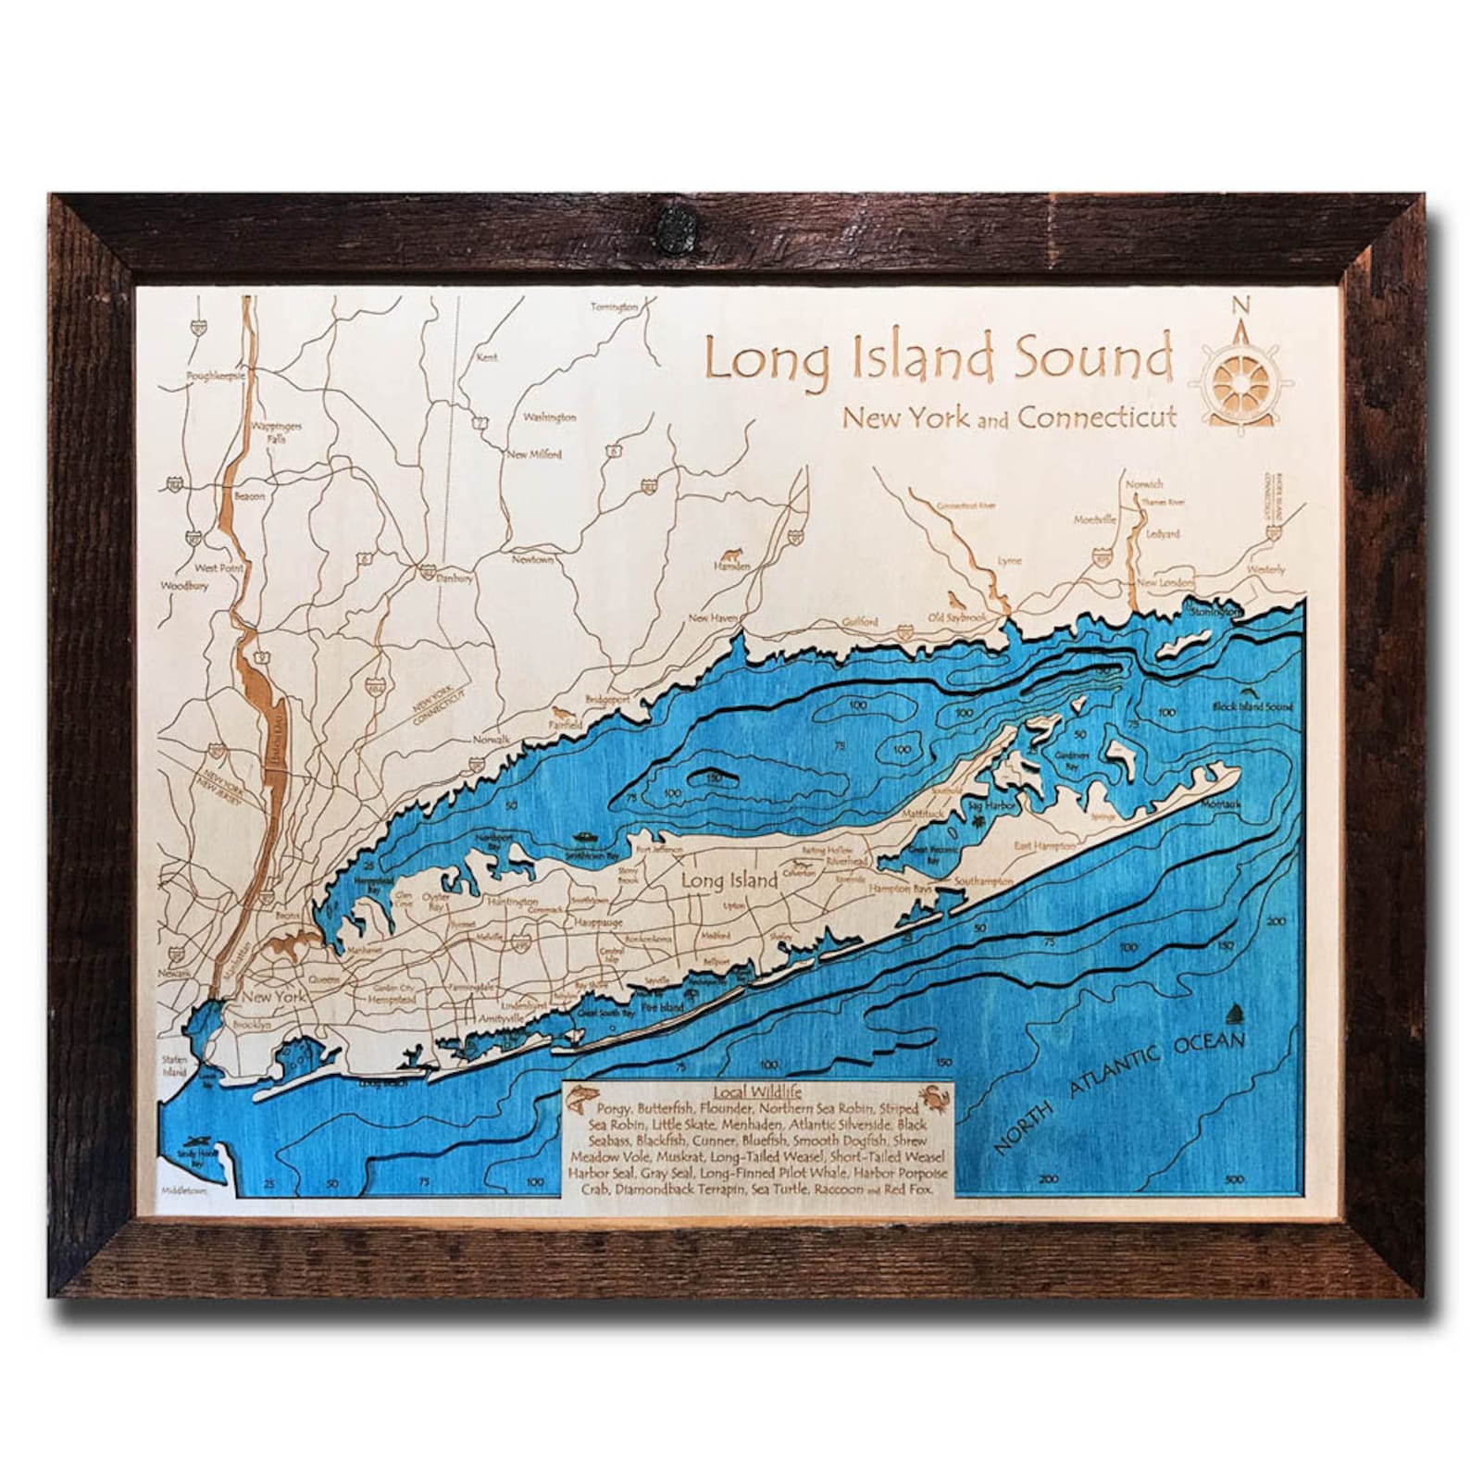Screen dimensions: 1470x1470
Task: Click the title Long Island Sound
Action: pos(937,358)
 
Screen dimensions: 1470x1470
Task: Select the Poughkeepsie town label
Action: pos(215,377)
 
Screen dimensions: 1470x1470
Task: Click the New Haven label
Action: pos(712,617)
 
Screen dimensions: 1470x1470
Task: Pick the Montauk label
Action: pos(1220,804)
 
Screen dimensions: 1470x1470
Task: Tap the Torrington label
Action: pos(615,306)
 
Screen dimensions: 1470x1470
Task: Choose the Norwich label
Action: pos(1144,484)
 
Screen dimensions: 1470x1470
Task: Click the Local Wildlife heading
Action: pos(756,1092)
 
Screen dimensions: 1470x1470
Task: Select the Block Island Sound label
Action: pos(1252,706)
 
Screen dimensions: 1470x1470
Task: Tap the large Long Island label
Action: pos(729,879)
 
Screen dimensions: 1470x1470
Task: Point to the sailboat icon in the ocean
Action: pos(1239,1015)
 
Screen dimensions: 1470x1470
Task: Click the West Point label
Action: pos(218,567)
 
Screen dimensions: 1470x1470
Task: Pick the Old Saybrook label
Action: pos(957,617)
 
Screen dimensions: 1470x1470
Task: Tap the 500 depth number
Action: pos(1234,1179)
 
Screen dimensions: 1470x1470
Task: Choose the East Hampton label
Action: pos(1044,845)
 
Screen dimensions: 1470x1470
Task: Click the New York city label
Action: pos(274,997)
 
